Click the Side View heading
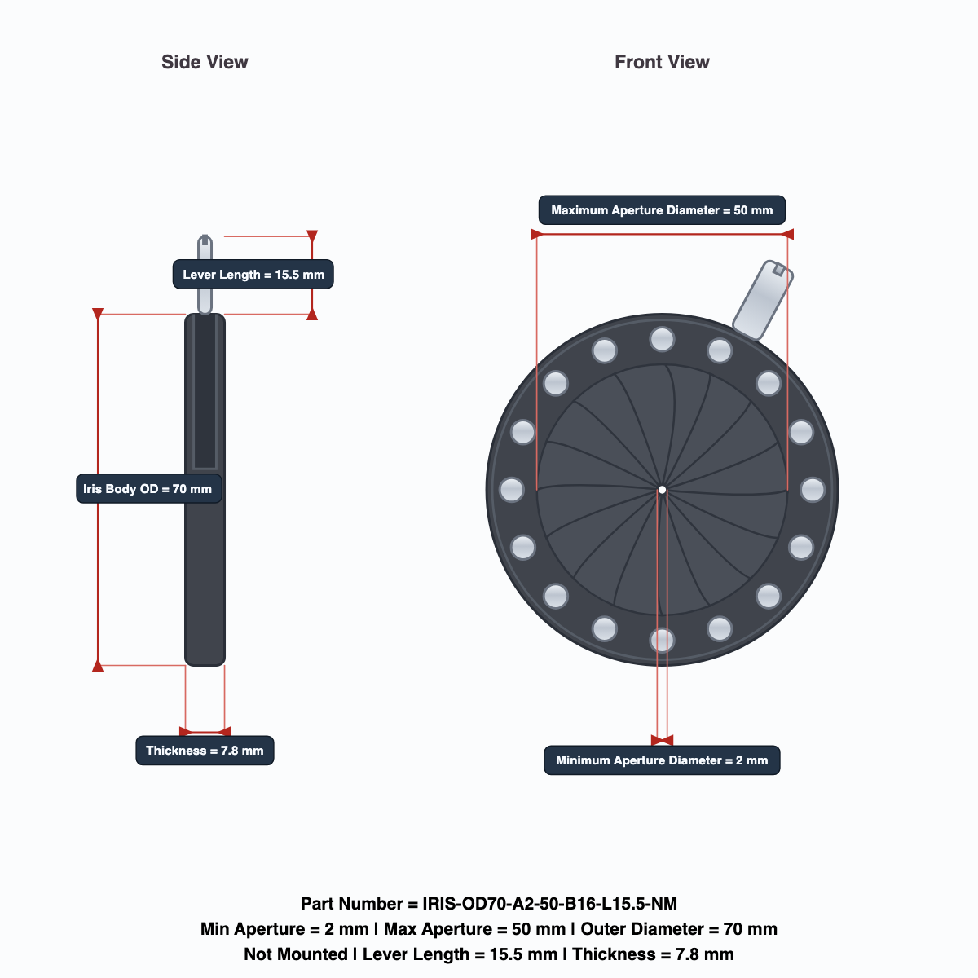click(x=205, y=62)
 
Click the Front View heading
click(x=662, y=62)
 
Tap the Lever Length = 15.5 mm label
click(x=253, y=275)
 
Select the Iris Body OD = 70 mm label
click(x=148, y=489)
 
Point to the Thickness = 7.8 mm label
click(x=205, y=751)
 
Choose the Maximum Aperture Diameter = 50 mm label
click(x=662, y=210)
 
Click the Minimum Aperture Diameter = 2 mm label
click(x=662, y=760)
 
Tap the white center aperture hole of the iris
click(x=662, y=490)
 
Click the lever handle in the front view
click(x=762, y=300)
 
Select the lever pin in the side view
click(x=205, y=274)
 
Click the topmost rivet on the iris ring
click(x=662, y=339)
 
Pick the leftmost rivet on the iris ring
click(x=511, y=490)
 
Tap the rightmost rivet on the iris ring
click(x=813, y=490)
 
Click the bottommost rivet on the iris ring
click(x=662, y=641)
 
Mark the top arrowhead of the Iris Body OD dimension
click(x=98, y=314)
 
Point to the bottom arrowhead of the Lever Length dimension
click(x=312, y=315)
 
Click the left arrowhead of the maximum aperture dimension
click(x=536, y=234)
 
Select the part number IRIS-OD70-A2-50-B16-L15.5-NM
click(x=549, y=903)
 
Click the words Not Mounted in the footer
click(x=296, y=954)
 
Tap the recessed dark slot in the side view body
click(x=205, y=392)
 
